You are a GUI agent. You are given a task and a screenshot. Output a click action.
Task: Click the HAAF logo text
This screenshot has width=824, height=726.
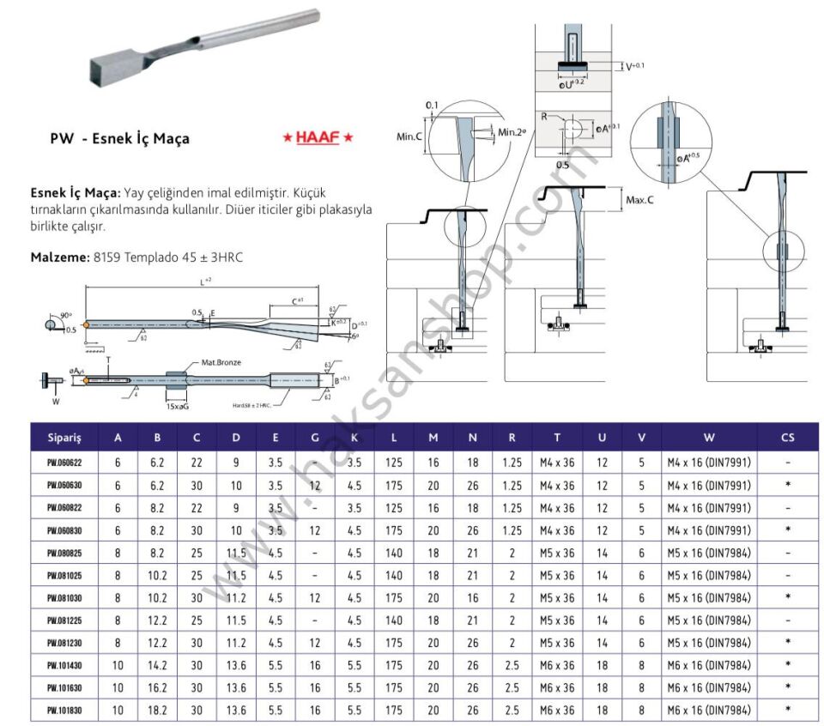(x=318, y=137)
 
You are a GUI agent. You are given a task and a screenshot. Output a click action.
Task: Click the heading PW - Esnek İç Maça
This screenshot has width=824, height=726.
(x=119, y=138)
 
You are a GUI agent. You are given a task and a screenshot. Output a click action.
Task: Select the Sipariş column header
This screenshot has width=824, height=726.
(x=64, y=438)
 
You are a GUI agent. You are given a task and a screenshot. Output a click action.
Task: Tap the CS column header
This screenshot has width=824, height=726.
(x=787, y=438)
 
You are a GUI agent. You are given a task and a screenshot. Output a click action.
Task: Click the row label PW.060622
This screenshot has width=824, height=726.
(x=64, y=463)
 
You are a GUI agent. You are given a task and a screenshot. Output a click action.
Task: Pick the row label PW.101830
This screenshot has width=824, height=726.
(x=64, y=709)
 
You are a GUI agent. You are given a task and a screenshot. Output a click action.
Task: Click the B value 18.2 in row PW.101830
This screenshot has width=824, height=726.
(x=157, y=709)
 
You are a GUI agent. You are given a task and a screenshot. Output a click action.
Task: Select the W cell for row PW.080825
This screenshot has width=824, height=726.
(x=709, y=552)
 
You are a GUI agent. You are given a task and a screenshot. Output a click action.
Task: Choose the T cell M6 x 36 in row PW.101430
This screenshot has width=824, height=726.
(x=557, y=664)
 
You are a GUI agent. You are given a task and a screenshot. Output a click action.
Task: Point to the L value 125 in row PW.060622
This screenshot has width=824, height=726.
(x=393, y=463)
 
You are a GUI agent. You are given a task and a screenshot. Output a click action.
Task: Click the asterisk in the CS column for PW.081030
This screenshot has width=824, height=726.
(x=787, y=597)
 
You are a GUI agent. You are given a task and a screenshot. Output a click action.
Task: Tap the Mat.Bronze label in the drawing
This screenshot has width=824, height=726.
(x=221, y=362)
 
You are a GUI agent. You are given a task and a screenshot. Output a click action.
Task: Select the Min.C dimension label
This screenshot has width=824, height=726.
(x=411, y=136)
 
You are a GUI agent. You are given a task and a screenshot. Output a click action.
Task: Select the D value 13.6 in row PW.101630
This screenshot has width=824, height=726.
(x=236, y=687)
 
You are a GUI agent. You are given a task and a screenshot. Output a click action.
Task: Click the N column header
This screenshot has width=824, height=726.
(x=472, y=438)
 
